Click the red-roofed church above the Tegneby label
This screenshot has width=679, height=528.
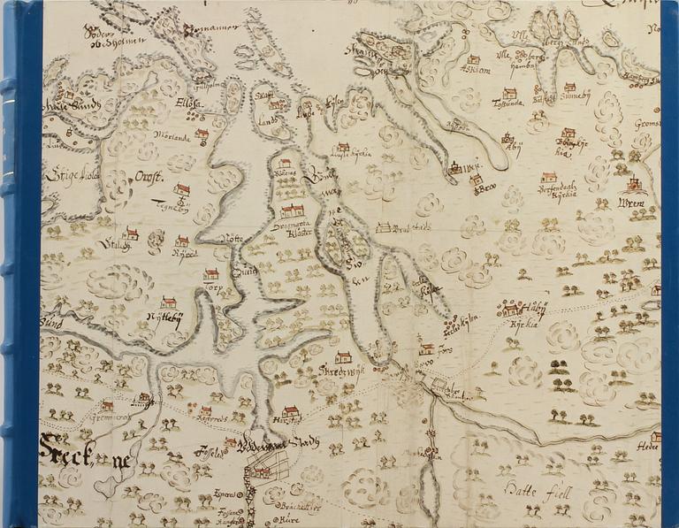click(181, 189)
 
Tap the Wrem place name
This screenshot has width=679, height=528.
click(631, 204)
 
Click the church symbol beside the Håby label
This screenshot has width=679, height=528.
click(510, 309)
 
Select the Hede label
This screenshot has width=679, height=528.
click(649, 448)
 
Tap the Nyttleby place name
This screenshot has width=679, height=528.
click(165, 318)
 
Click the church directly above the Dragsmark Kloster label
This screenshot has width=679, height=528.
click(291, 211)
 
